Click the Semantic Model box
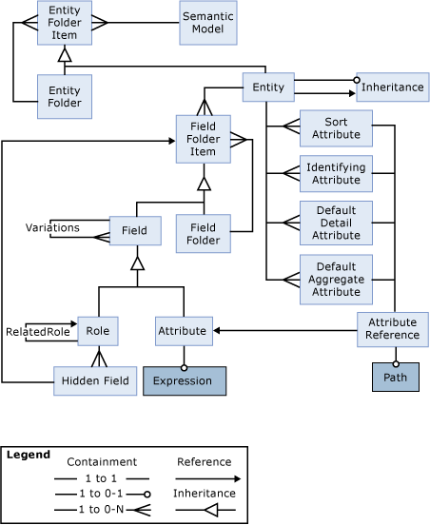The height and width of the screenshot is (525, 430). click(207, 23)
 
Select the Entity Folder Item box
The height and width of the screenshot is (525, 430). click(65, 22)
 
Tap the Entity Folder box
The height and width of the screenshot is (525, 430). click(65, 96)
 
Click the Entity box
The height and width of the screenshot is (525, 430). click(267, 87)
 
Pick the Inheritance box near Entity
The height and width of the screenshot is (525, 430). click(392, 87)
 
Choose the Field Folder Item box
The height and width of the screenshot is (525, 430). click(203, 139)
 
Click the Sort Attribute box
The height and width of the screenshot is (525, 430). click(336, 128)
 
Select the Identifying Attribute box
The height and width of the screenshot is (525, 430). click(336, 173)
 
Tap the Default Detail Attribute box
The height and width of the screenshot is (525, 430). click(336, 223)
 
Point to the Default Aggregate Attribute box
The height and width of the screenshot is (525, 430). click(336, 280)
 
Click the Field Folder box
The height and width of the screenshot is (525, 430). click(203, 234)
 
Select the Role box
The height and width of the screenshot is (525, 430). click(96, 330)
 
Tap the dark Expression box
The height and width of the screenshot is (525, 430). click(184, 380)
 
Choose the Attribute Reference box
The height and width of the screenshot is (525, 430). click(392, 328)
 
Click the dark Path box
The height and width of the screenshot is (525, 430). click(395, 378)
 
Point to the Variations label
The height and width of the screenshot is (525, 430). click(52, 228)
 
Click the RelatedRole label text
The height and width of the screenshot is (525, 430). click(38, 332)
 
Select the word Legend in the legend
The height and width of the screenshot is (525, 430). click(28, 455)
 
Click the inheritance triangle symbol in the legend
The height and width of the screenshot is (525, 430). click(211, 511)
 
